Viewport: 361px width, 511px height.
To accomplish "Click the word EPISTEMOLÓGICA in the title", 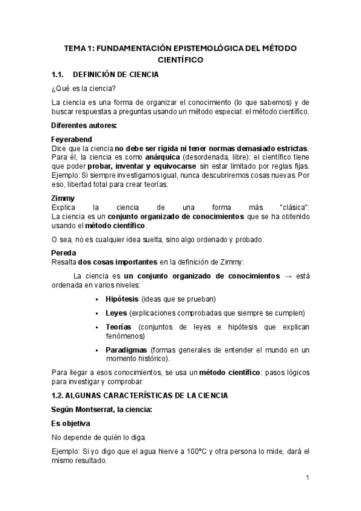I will [205, 48].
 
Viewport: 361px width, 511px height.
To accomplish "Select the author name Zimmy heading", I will [63, 198].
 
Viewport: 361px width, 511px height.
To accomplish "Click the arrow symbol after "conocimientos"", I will [288, 276].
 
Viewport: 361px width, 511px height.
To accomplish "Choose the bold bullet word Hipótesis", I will [122, 299].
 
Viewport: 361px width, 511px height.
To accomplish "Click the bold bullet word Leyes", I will [116, 313].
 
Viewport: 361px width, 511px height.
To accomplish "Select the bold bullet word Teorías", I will [118, 327].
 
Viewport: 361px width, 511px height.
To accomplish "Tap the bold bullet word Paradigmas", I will [127, 350].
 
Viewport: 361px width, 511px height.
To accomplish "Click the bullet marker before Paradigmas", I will [97, 350].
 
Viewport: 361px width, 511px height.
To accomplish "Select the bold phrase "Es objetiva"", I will [75, 423].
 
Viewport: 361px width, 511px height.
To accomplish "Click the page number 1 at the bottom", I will [307, 478].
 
